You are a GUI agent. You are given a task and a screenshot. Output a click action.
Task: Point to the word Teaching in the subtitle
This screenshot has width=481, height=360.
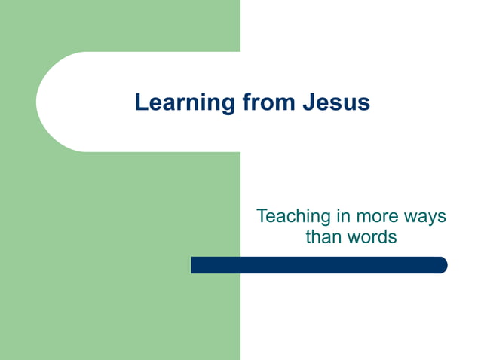[293, 216]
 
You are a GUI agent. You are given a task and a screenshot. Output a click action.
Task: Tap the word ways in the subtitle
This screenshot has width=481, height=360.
[426, 218]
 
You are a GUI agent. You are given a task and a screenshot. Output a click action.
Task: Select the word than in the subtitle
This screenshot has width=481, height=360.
[323, 236]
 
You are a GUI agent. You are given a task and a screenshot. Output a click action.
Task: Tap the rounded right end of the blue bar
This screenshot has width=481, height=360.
[443, 265]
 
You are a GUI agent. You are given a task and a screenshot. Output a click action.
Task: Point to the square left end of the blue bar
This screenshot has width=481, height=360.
[194, 265]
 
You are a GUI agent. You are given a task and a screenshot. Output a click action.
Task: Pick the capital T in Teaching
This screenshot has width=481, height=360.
[262, 216]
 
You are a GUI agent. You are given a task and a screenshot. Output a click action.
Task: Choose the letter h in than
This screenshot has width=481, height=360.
[316, 236]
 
